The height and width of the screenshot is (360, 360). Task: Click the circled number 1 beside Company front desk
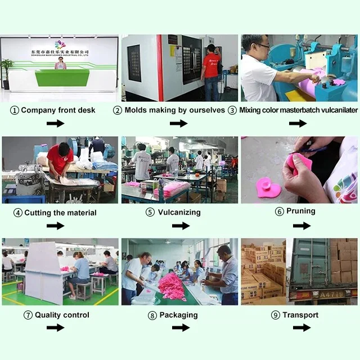click(15, 110)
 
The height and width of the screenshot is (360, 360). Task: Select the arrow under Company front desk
click(55, 123)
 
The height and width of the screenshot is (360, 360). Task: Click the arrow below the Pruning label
click(301, 226)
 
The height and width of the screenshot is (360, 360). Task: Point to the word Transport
click(300, 315)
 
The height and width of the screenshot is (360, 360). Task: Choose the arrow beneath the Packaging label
click(181, 327)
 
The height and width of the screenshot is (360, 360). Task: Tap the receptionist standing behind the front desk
click(60, 63)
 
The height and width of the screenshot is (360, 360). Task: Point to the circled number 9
click(276, 315)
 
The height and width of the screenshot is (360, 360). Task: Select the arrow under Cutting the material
click(55, 226)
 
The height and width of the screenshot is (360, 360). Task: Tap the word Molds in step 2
click(137, 110)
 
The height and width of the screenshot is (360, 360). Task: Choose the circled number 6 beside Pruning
click(280, 211)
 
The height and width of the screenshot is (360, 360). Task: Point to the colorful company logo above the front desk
click(60, 44)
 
